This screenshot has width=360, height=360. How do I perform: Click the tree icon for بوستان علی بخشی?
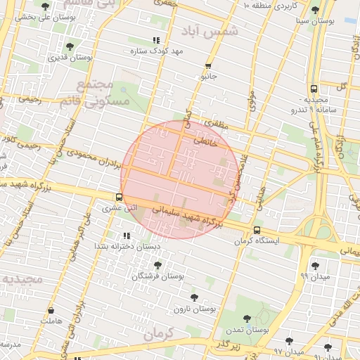[46, 6]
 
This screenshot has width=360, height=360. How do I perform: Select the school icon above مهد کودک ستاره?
[156, 41]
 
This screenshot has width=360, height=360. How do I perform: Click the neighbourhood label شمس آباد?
[218, 32]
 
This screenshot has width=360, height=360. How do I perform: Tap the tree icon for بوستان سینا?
[314, 10]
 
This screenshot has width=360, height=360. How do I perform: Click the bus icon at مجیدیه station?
[314, 89]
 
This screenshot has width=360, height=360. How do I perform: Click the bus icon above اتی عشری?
[118, 198]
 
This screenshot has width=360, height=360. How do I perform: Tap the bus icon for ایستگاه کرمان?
[256, 230]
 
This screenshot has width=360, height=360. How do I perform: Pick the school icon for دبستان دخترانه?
[127, 236]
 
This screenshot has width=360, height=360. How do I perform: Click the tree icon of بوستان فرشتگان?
[157, 266]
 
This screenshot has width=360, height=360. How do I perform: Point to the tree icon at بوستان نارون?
[193, 297]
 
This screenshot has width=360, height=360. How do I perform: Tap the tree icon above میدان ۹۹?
[314, 264]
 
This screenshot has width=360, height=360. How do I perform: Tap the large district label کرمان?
[157, 337]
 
